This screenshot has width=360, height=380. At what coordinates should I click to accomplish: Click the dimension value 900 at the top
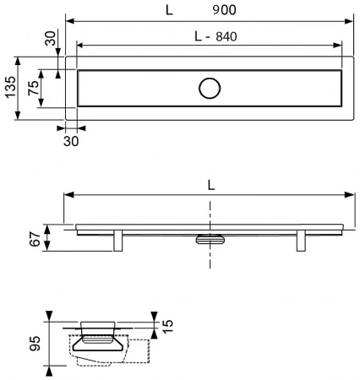224,10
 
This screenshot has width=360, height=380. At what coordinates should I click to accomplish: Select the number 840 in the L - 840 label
226,37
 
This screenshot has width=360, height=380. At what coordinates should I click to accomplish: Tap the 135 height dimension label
11,87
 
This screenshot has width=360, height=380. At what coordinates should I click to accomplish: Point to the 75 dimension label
33,88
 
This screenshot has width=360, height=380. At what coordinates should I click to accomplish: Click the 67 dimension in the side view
35,239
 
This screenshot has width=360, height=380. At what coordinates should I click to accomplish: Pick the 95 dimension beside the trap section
35,344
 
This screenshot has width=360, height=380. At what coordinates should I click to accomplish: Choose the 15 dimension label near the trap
168,327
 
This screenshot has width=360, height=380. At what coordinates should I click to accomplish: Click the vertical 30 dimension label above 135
51,39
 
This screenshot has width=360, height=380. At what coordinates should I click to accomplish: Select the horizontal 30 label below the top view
71,141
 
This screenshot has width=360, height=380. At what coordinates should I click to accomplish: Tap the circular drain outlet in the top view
210,88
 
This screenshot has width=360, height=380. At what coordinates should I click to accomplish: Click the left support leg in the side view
118,241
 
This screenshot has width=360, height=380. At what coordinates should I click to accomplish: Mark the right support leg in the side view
301,241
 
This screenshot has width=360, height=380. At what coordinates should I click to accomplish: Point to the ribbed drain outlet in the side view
210,239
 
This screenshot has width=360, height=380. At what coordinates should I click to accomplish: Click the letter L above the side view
211,185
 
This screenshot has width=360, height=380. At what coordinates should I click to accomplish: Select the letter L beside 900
169,10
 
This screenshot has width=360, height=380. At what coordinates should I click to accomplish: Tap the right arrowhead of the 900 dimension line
348,21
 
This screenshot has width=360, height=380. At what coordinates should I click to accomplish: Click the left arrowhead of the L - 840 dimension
81,45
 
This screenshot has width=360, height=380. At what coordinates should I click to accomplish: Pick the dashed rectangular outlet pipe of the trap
139,351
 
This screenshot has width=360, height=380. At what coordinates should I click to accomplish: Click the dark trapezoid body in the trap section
97,344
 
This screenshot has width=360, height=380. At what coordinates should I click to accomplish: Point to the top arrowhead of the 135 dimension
18,62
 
